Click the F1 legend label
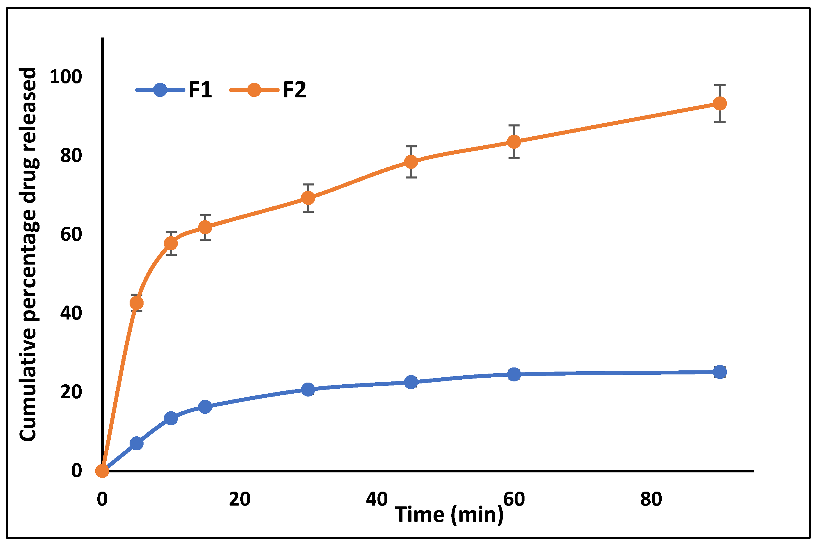click(x=200, y=90)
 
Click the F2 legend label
click(x=294, y=90)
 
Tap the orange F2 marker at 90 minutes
click(x=719, y=103)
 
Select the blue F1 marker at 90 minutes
click(x=719, y=372)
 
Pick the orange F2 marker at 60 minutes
click(x=514, y=142)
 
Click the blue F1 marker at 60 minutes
click(x=514, y=374)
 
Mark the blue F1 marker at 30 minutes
click(x=308, y=389)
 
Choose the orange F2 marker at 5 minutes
click(x=137, y=303)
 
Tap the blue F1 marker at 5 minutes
click(x=137, y=444)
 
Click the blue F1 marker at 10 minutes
click(x=171, y=418)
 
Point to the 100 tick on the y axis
click(x=66, y=76)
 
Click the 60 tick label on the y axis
click(x=71, y=234)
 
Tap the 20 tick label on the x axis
click(x=240, y=499)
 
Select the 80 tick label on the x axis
click(x=651, y=499)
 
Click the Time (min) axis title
click(x=449, y=515)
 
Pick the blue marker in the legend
click(x=160, y=90)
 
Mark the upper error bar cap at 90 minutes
click(x=719, y=85)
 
